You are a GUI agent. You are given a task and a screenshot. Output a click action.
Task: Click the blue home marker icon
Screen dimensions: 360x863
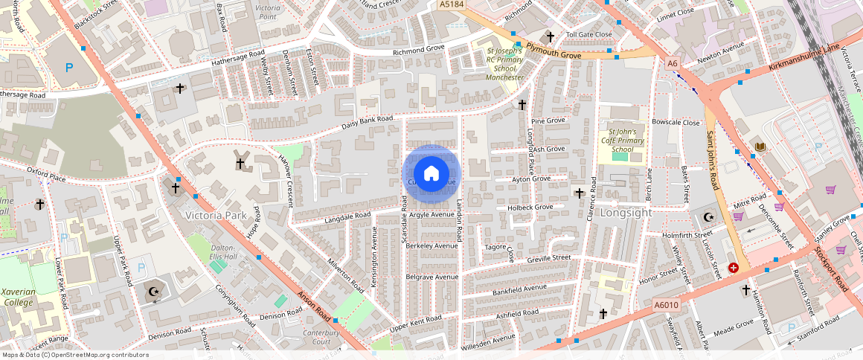(431, 174)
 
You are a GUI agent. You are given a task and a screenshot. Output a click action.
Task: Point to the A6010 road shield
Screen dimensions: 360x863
(667, 305)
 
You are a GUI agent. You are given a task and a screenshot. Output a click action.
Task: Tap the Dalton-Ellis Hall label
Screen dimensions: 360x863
(223, 251)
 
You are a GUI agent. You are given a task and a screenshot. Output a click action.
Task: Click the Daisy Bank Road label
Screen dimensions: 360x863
(367, 123)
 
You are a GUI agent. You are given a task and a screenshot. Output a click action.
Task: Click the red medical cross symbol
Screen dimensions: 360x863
(734, 267)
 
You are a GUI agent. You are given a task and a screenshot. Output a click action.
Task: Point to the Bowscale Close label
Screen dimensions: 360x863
(676, 122)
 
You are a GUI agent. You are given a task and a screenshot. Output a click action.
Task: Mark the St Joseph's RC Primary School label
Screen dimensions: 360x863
(505, 58)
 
